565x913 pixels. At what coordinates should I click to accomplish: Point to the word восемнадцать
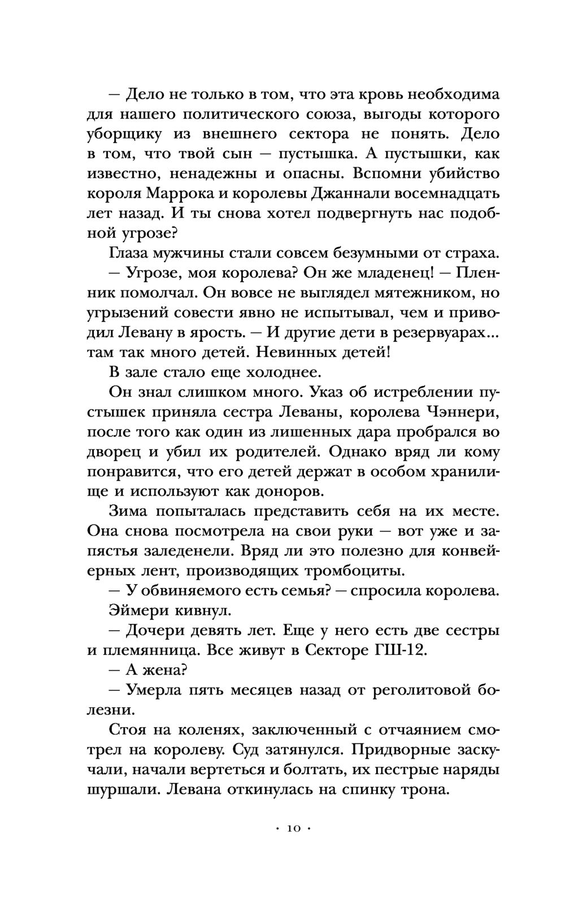446,193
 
